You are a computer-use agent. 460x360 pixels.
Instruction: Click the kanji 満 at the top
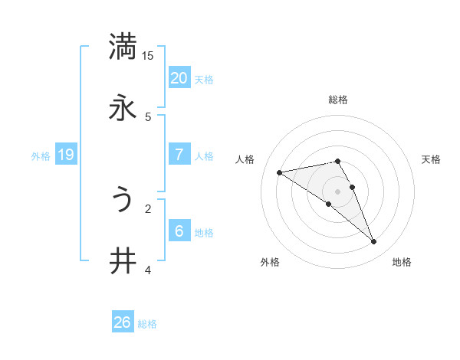pyautogui.click(x=123, y=46)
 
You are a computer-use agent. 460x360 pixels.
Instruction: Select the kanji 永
pyautogui.click(x=123, y=108)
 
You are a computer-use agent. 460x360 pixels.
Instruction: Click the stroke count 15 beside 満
pyautogui.click(x=148, y=56)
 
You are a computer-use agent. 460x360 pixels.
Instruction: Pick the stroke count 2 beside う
pyautogui.click(x=148, y=208)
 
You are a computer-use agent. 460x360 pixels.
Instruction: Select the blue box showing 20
pyautogui.click(x=179, y=78)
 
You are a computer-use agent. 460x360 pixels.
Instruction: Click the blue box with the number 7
pyautogui.click(x=179, y=155)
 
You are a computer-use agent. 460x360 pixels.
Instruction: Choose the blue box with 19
pyautogui.click(x=66, y=155)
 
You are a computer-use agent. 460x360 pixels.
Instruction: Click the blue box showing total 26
pyautogui.click(x=123, y=323)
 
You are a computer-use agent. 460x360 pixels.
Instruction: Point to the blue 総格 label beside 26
pyautogui.click(x=148, y=324)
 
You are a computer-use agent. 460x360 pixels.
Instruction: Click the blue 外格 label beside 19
pyautogui.click(x=41, y=156)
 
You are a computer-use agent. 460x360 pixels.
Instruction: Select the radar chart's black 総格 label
pyautogui.click(x=338, y=100)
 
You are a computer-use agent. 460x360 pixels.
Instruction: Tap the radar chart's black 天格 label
pyautogui.click(x=432, y=159)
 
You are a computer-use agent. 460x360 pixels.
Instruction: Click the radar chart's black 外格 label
pyautogui.click(x=270, y=262)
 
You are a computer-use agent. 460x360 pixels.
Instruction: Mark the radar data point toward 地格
pyautogui.click(x=374, y=242)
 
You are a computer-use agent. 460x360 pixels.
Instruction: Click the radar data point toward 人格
pyautogui.click(x=280, y=172)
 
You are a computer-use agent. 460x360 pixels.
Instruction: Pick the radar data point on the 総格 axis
pyautogui.click(x=337, y=161)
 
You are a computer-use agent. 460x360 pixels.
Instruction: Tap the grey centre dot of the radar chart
pyautogui.click(x=337, y=191)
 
